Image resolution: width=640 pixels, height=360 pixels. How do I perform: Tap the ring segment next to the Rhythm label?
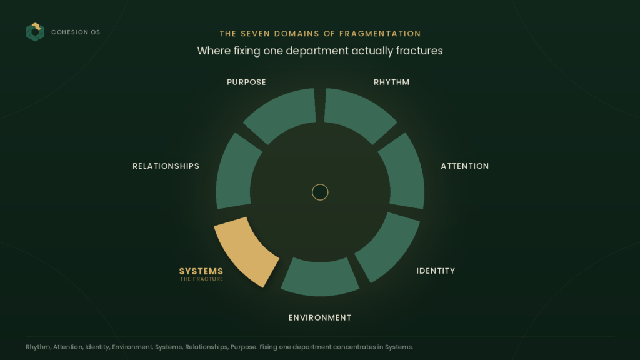tap(357, 114)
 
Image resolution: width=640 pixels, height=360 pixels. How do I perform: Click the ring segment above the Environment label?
tap(320, 277)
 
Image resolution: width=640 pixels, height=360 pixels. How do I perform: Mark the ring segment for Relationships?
tap(237, 171)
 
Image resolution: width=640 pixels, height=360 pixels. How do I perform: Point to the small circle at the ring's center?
tap(320, 192)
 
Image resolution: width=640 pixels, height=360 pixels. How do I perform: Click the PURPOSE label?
tap(246, 82)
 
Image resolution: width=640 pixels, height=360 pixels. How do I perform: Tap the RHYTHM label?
tap(391, 82)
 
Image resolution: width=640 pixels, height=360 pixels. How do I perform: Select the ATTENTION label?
tap(465, 166)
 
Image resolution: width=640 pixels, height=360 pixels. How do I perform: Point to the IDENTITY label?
tap(436, 271)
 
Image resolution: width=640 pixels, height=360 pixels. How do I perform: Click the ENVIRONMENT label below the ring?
tap(320, 317)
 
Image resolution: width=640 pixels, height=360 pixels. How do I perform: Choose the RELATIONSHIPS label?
tap(166, 166)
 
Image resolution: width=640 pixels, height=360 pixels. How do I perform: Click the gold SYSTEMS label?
tap(201, 271)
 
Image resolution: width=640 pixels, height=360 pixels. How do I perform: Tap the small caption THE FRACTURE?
tap(202, 279)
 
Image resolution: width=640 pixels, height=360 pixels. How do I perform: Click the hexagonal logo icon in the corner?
tap(35, 32)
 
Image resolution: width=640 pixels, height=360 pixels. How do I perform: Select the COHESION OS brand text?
tap(76, 32)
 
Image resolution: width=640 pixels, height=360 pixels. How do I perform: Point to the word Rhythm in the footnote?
tap(38, 347)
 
